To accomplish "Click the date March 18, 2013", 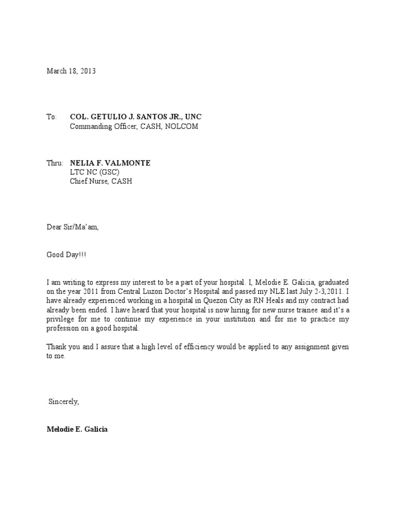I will coord(71,72).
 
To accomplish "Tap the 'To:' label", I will coord(52,117).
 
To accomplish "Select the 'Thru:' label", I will coord(54,163).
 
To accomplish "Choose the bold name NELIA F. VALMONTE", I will coord(110,163).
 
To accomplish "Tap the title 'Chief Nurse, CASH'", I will coord(101,182).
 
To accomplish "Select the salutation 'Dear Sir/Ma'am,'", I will coord(72,227).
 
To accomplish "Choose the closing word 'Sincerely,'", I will coord(64,401).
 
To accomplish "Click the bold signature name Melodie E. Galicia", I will coord(77,429).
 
